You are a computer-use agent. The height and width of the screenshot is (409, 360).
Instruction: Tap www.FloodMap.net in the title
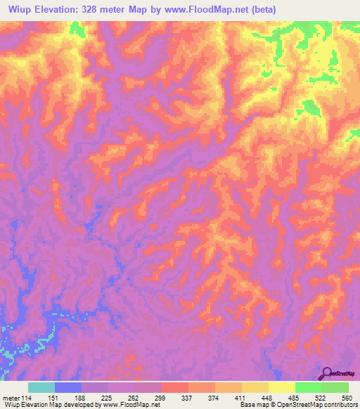click(212, 9)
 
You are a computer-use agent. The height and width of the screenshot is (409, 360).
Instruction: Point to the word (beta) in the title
click(262, 9)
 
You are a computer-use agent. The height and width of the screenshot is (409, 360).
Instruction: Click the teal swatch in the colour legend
click(41, 387)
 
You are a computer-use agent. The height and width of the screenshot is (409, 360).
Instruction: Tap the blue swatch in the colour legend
click(68, 387)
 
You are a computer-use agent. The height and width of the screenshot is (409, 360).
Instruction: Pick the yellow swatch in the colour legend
click(282, 387)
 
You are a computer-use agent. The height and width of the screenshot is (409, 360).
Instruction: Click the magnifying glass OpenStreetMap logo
click(328, 373)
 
